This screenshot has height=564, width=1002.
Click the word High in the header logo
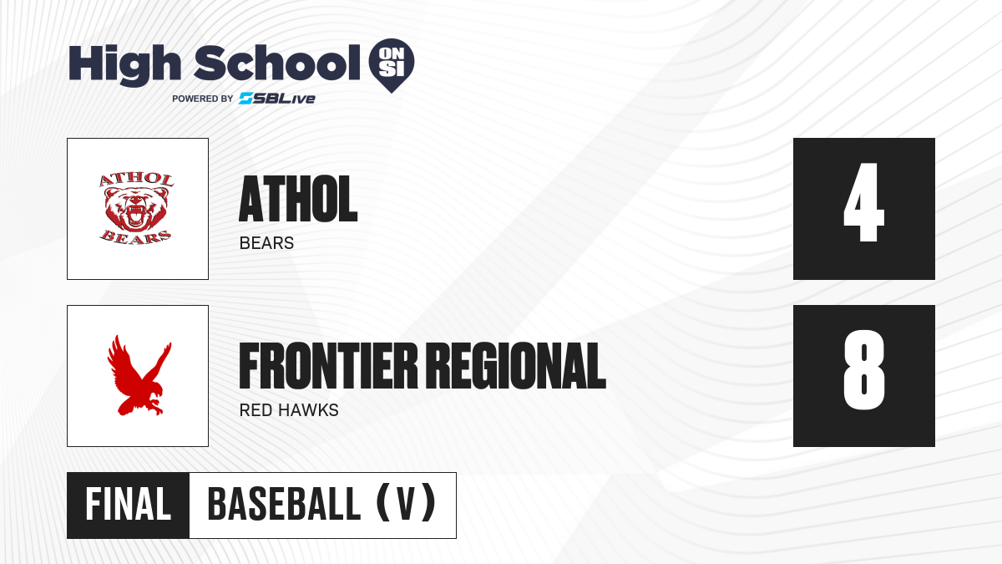[124, 64]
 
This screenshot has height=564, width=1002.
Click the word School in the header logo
[277, 64]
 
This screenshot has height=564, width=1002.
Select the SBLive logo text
[277, 99]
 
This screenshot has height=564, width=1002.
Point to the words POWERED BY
[203, 99]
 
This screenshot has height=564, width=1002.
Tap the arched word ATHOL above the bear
[136, 180]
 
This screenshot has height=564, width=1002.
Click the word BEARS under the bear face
[135, 237]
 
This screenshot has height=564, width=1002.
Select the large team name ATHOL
[298, 199]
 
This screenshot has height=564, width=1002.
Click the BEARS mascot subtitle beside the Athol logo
[266, 243]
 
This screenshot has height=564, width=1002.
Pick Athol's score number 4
[863, 203]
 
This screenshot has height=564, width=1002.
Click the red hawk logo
[139, 375]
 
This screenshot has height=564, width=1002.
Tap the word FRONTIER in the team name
[328, 366]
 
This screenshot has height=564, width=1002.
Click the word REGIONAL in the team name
[515, 366]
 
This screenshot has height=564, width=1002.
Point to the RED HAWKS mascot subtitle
[289, 410]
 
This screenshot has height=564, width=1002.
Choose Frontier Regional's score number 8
[863, 370]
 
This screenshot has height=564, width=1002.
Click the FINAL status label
[129, 505]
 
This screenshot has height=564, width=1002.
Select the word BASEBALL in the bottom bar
[284, 505]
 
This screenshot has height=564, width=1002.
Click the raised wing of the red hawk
[119, 360]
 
